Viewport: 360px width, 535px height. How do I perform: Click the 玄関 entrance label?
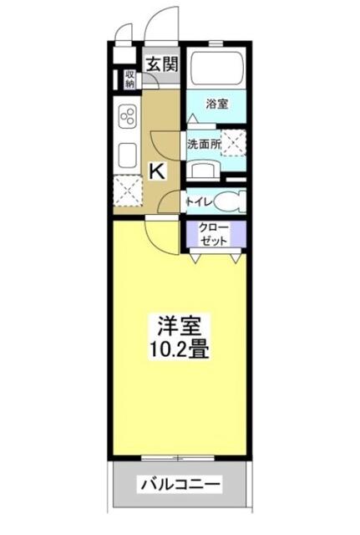point(163,64)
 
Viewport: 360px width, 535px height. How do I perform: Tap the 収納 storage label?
point(129,79)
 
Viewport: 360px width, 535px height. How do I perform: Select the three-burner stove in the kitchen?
point(128,116)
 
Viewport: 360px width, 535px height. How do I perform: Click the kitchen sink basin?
point(128,154)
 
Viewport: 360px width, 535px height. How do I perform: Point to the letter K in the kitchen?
point(158,171)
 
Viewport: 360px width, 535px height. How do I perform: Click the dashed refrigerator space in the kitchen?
point(128,191)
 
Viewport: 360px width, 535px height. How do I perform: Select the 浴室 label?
point(217,104)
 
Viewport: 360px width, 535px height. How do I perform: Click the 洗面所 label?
point(204,145)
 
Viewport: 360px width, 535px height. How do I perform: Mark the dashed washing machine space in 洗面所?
point(234,143)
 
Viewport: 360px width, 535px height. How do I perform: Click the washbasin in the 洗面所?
point(204,171)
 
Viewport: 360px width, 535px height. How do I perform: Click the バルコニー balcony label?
point(181,483)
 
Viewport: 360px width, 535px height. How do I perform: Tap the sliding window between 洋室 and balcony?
point(178,458)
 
